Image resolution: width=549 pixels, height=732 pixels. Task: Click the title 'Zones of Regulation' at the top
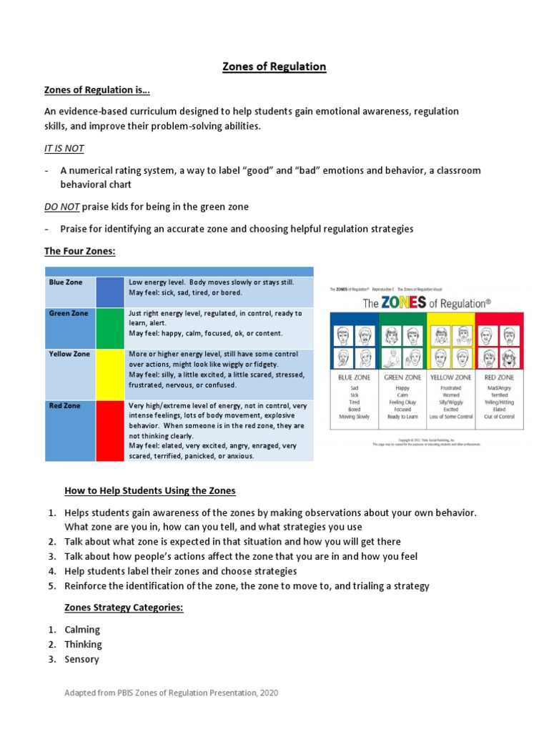274,66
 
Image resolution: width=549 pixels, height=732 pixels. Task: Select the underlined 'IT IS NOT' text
64,148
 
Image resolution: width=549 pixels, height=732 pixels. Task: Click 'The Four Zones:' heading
79,251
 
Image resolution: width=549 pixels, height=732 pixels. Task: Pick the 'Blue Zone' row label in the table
66,282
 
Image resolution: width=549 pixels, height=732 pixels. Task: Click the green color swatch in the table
110,328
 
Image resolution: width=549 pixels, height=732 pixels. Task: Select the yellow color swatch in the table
110,374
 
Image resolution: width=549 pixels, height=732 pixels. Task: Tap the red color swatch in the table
110,430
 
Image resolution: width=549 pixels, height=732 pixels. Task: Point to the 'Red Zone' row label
64,405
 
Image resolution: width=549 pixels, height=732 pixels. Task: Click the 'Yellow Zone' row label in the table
69,354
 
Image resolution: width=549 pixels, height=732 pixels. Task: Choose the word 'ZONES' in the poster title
407,302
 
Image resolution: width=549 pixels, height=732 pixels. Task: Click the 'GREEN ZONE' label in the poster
402,377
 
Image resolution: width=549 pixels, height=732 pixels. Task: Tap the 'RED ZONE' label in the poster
498,377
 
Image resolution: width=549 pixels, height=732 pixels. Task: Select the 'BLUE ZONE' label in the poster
354,377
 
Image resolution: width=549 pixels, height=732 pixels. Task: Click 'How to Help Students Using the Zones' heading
150,490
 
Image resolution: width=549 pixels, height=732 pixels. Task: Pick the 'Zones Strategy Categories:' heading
124,608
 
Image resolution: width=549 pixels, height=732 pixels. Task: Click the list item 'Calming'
82,630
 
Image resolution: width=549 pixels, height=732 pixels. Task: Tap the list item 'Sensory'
81,659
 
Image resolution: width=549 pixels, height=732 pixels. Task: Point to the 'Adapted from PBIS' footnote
172,693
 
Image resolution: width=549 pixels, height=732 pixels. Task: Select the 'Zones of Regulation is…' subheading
97,89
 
